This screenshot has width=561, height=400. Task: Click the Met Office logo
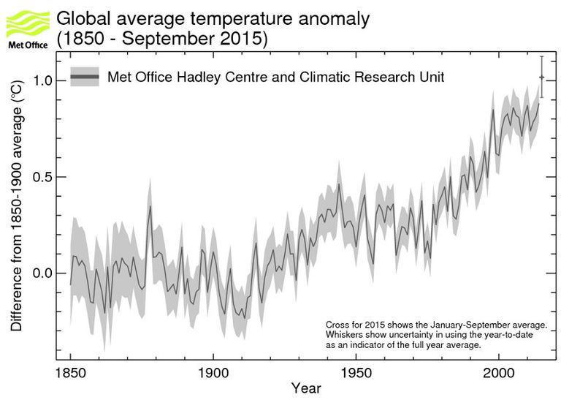click(x=28, y=27)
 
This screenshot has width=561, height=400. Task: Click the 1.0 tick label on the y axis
click(x=46, y=80)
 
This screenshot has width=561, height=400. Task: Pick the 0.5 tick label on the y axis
click(x=46, y=177)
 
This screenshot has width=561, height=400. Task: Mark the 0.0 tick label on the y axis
click(x=46, y=273)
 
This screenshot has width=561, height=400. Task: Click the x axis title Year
click(x=305, y=388)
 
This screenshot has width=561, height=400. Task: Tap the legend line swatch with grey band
click(x=85, y=77)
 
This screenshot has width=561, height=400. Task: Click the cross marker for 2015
click(x=541, y=77)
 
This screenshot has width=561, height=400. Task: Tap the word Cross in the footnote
click(x=337, y=323)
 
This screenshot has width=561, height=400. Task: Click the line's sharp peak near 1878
click(x=150, y=206)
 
